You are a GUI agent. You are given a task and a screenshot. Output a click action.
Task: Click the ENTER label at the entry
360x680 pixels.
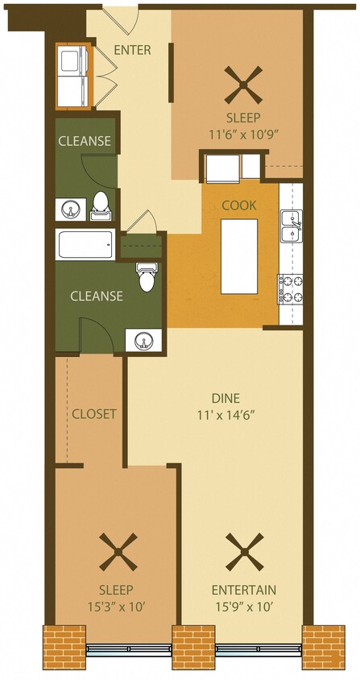coord(132,50)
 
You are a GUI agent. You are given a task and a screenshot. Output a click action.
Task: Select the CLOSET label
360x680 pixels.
coord(94,414)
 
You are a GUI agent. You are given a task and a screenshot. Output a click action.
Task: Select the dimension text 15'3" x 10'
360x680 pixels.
coord(118,605)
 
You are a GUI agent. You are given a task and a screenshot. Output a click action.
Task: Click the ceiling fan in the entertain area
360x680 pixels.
coord(243,553)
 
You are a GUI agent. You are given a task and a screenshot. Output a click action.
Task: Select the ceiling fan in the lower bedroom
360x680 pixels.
coord(118,553)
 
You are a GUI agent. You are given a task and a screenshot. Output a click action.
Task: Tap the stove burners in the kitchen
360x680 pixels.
coord(290,288)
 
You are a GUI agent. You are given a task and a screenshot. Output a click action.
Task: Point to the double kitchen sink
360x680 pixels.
coord(290,226)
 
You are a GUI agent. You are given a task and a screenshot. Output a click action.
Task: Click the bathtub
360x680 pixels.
coord(85,244)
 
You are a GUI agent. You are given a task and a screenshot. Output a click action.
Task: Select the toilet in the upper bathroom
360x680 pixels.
coord(101,205)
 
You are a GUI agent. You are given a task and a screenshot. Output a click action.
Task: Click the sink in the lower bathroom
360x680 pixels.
coord(143,342)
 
